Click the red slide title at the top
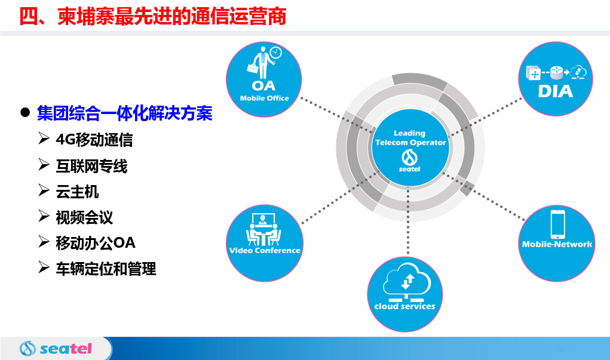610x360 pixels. [152, 16]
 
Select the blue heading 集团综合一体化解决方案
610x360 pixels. [124, 113]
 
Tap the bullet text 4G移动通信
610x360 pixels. [94, 140]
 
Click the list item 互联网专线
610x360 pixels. [91, 166]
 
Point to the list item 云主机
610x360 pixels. [77, 192]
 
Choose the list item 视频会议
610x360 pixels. [84, 217]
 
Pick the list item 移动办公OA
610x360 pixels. [96, 243]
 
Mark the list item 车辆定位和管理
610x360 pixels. [106, 269]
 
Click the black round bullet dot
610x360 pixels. [25, 113]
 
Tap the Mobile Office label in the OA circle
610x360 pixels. [264, 99]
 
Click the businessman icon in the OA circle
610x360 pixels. [263, 63]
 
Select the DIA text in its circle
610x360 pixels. [555, 91]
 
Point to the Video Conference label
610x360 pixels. [265, 250]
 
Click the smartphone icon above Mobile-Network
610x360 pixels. [557, 224]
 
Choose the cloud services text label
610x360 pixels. [404, 306]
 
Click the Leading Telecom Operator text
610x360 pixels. [410, 138]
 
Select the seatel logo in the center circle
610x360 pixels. [409, 161]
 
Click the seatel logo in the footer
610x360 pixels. [56, 348]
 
